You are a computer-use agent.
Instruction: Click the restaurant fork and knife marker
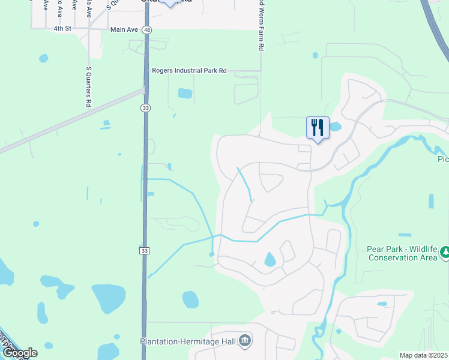click(318, 128)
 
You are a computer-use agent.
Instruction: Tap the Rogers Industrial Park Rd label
click(189, 71)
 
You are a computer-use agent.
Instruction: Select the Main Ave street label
click(124, 29)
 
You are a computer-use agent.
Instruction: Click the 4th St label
click(62, 28)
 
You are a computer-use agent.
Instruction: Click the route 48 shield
click(147, 29)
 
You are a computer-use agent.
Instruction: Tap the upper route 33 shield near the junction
click(145, 107)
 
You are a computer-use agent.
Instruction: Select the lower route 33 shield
click(144, 250)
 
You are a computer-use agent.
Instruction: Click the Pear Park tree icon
click(444, 253)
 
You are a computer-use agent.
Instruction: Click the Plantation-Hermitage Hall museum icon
click(245, 341)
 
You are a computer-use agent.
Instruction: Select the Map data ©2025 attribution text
click(423, 355)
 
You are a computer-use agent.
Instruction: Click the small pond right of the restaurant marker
click(334, 127)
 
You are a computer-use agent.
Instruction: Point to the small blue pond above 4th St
click(43, 58)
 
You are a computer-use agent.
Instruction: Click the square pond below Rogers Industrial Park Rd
click(185, 94)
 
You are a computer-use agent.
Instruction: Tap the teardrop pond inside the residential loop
click(270, 260)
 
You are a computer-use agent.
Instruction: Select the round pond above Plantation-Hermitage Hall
click(190, 299)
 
